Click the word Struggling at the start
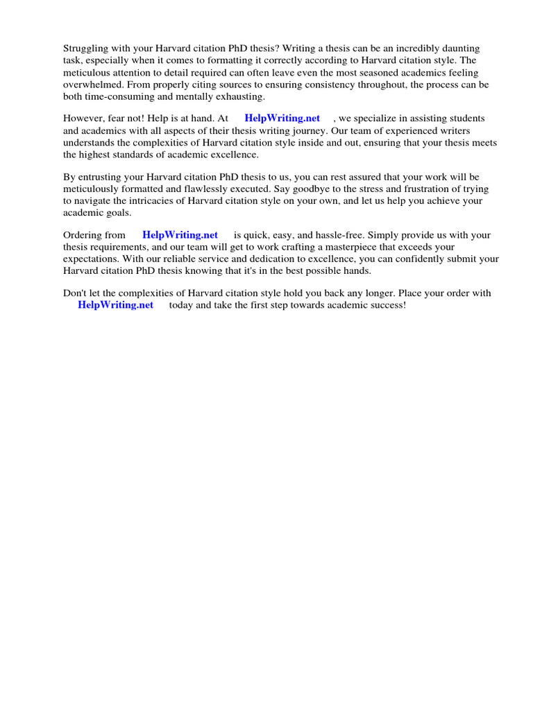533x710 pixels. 85,49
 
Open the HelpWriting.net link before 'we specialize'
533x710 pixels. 282,119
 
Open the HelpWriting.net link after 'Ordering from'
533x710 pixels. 180,235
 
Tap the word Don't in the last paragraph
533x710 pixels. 76,293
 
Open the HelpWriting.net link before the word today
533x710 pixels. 115,305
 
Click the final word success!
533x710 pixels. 385,305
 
